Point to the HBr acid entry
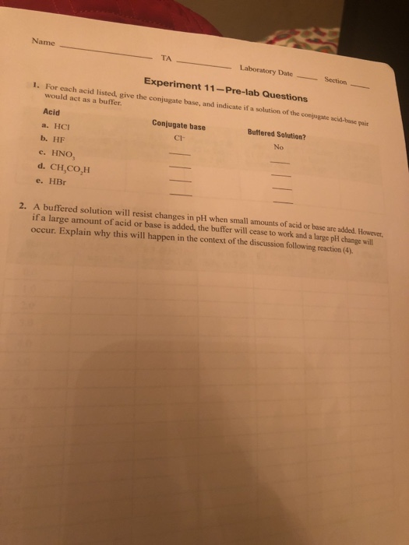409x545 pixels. (x=62, y=180)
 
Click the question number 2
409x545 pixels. (x=24, y=206)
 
